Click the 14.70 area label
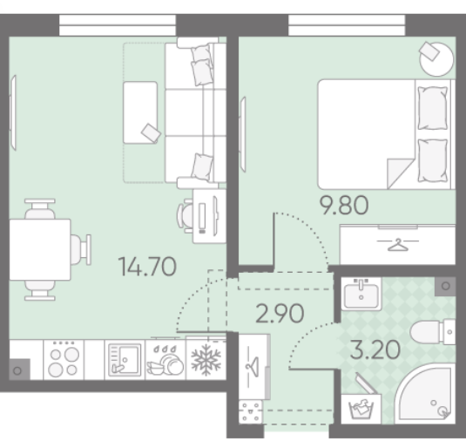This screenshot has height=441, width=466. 147,267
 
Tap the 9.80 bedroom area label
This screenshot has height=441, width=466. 344,205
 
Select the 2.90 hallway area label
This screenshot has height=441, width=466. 280,313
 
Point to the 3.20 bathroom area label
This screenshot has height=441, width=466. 375,349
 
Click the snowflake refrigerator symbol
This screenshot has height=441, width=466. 206,360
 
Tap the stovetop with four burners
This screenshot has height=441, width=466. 64,360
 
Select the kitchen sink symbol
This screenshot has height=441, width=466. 125,360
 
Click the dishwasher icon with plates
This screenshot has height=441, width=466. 165,360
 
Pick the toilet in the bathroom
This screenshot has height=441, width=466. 433,331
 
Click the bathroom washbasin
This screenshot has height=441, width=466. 361,294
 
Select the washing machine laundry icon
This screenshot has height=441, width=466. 361,409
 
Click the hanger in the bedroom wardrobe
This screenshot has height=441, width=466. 398,244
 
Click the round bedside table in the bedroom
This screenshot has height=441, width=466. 436,59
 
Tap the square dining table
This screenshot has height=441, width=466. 40,249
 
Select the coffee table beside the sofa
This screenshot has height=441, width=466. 140,112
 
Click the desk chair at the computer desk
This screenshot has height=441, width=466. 185,216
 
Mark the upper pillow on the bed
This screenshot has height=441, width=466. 432,108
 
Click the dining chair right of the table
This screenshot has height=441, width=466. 80,249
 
